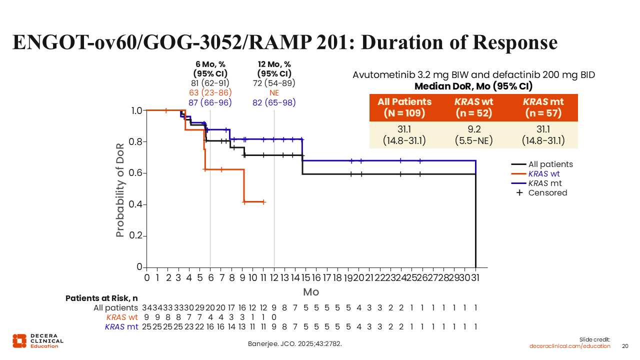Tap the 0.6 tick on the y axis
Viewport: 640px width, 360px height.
[135, 173]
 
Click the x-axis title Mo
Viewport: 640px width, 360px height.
[310, 292]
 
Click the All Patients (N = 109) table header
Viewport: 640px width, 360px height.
[404, 107]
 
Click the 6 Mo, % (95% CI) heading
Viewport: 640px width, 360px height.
[210, 69]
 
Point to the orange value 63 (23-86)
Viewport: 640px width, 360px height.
[210, 93]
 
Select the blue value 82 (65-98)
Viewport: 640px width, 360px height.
[274, 103]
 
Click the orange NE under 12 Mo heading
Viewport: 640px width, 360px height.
[274, 93]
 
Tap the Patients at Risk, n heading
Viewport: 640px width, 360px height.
[101, 298]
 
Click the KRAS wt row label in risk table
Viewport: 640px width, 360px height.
[121, 317]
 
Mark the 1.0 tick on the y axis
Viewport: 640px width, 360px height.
[135, 110]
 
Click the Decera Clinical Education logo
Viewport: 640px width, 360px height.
[38, 340]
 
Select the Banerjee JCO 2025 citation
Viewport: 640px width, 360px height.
[295, 344]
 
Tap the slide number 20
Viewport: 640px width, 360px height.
[625, 346]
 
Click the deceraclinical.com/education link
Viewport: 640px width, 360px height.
[570, 346]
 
